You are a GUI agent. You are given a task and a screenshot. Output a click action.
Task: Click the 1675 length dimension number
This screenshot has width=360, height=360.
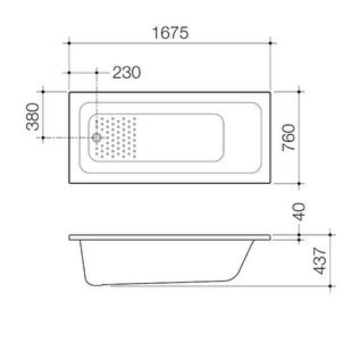point(170,33)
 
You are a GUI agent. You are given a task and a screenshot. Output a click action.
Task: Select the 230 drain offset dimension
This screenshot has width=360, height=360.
point(126,73)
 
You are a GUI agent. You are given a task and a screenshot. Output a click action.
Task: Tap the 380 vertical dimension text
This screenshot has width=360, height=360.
point(33,116)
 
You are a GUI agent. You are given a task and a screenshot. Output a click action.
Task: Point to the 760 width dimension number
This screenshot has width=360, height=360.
point(289,137)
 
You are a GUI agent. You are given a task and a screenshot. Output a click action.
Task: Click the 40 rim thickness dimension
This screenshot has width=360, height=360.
point(299,212)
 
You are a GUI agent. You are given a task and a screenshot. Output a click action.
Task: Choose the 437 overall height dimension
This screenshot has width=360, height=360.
point(320,260)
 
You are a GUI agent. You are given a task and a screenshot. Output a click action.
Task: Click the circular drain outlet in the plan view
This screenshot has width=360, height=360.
point(96,138)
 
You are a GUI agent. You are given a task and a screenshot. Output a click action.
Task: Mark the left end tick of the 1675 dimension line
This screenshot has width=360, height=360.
point(69,42)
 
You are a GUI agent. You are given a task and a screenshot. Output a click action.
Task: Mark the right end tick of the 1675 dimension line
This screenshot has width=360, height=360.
point(271,42)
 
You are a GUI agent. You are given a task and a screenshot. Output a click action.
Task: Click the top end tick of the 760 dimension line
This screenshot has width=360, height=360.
point(299,92)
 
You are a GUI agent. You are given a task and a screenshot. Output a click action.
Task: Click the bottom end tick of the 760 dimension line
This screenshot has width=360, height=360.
point(299,184)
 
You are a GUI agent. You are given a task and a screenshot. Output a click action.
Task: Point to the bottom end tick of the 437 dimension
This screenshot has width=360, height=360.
point(330,286)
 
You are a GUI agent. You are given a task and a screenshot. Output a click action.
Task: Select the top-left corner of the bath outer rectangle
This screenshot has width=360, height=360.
point(69,92)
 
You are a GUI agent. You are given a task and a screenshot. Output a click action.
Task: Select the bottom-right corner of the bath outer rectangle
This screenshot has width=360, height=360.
point(270,183)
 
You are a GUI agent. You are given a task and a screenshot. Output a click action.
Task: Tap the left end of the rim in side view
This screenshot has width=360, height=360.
point(70,237)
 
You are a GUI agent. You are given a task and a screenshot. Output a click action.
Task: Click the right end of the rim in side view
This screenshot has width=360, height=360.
point(270,237)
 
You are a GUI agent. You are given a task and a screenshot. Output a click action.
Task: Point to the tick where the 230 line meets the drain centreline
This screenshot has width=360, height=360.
point(96,73)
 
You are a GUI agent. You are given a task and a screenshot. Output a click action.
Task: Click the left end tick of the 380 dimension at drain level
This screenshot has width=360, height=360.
point(43,138)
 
